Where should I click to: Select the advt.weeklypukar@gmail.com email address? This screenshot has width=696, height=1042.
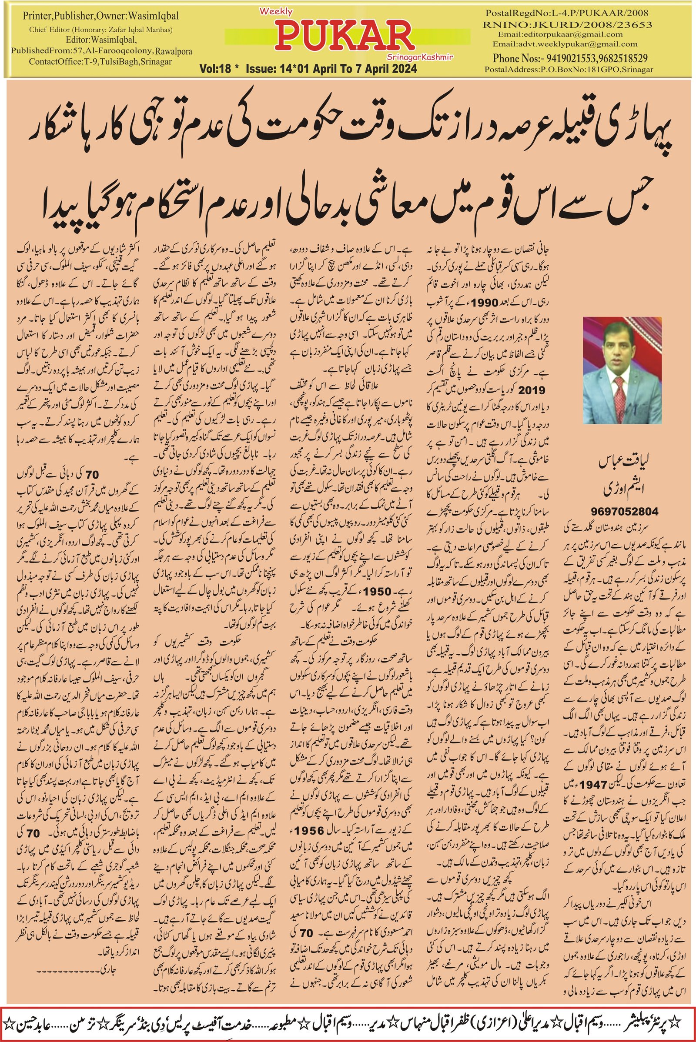tap(565, 44)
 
